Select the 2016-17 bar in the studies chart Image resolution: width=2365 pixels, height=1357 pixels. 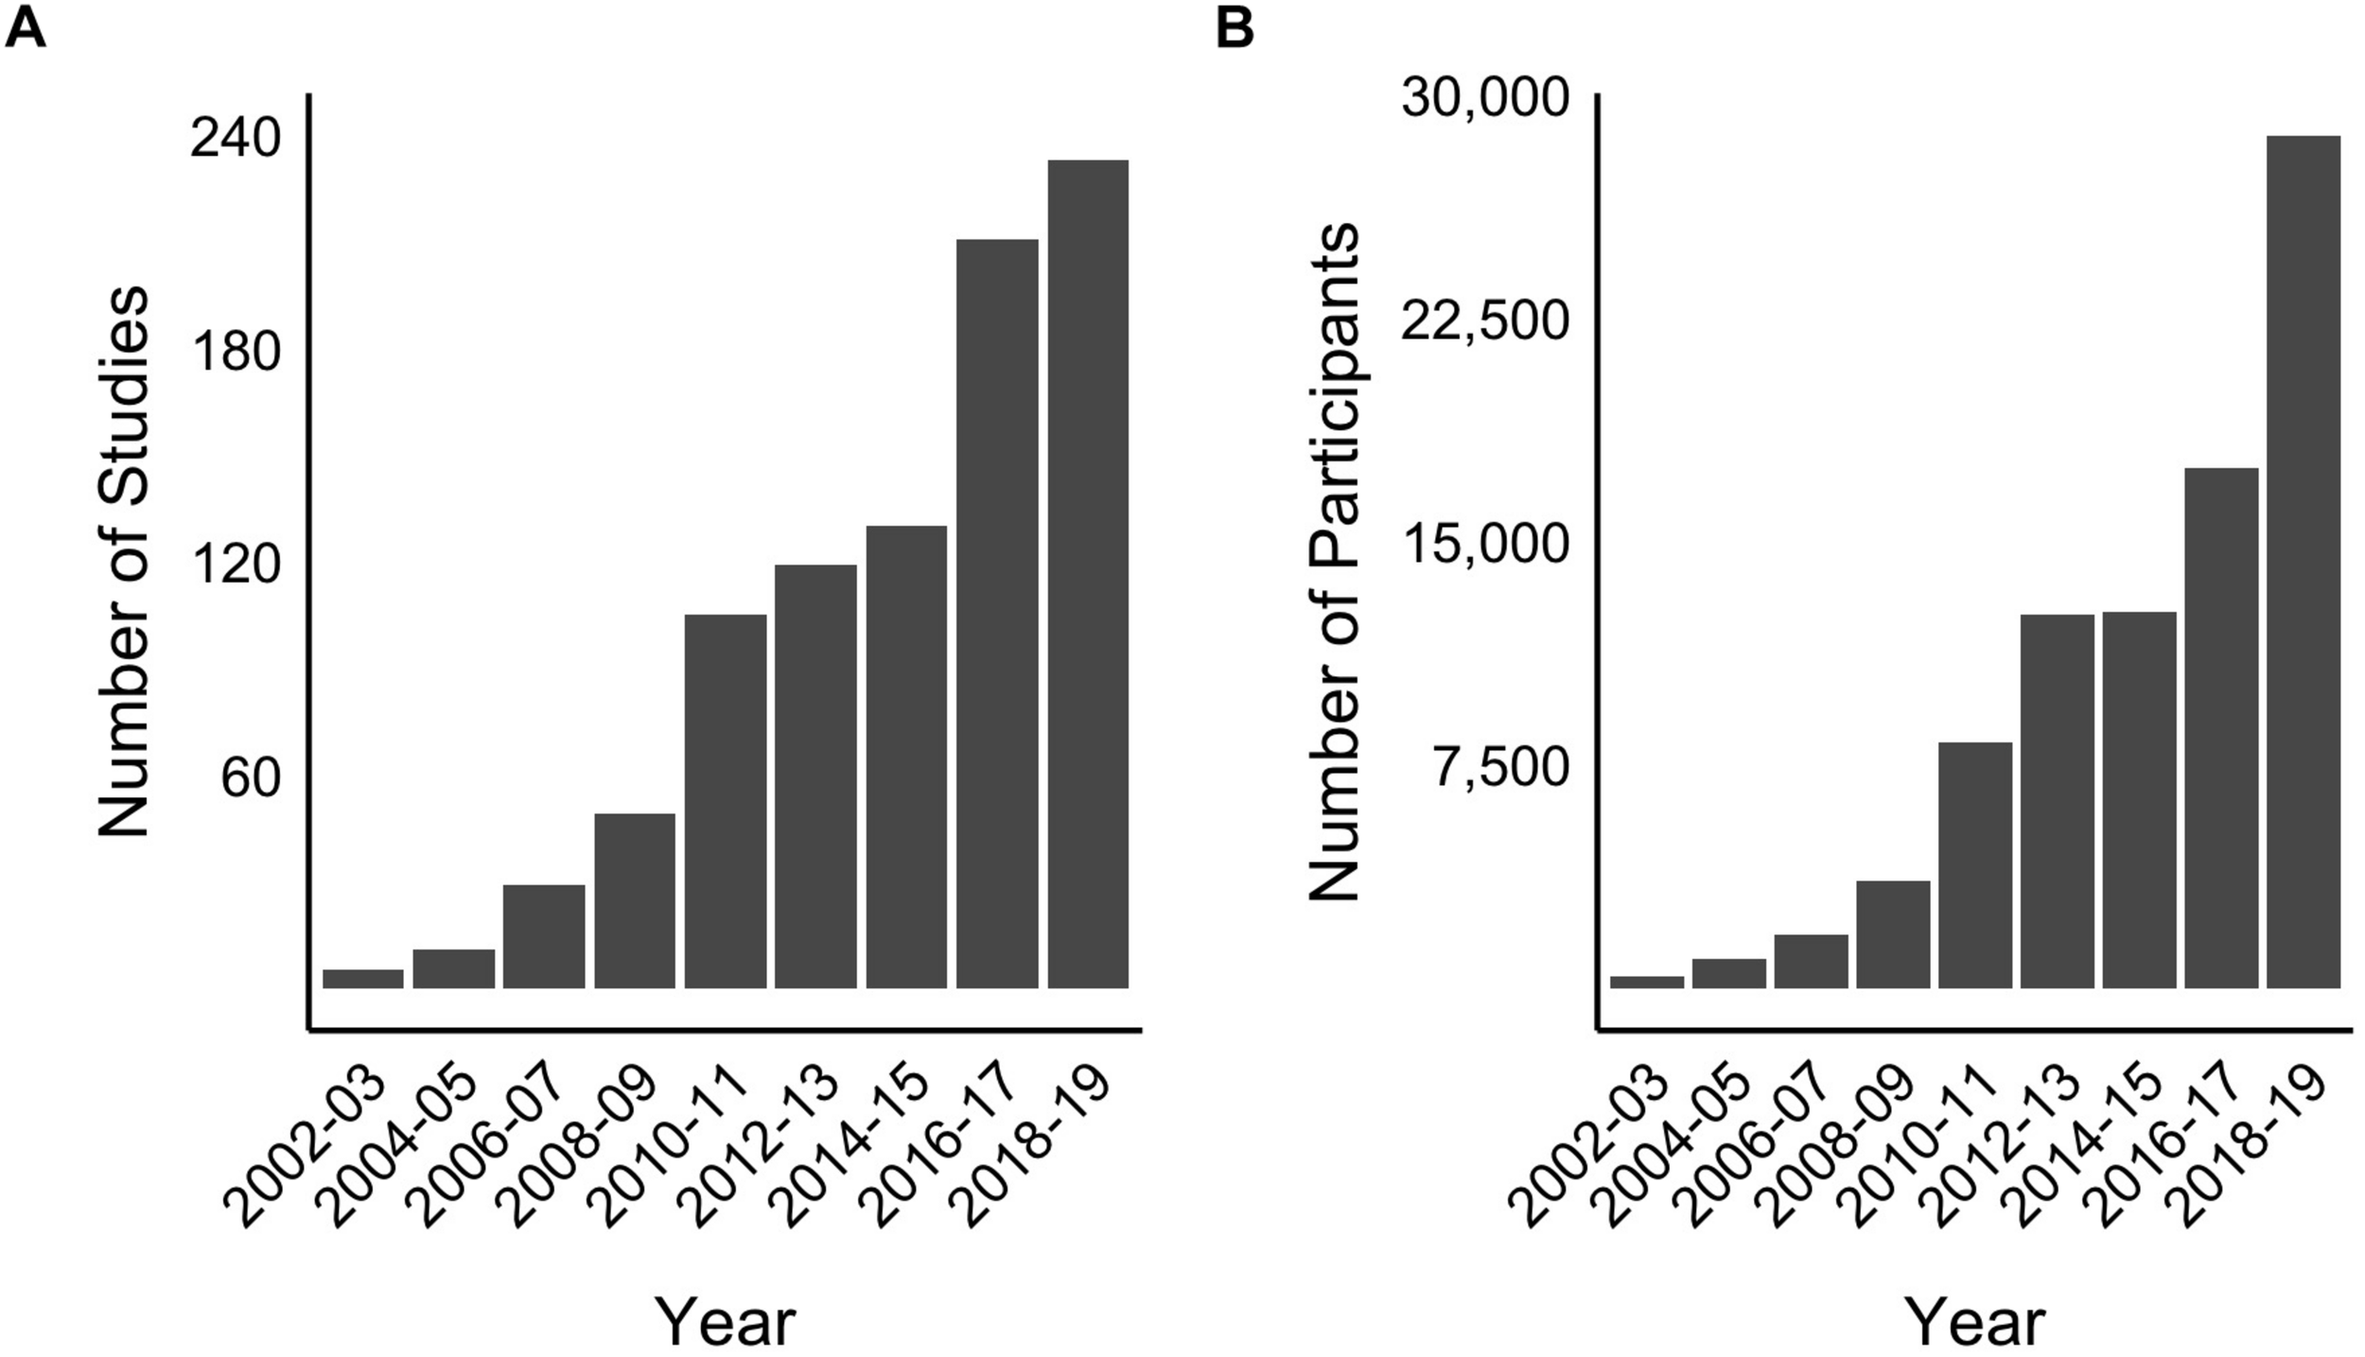coord(996,614)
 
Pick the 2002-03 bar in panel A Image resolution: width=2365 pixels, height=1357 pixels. coord(363,979)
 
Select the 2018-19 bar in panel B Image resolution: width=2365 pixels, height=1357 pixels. coord(2303,562)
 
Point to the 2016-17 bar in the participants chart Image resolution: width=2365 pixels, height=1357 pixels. coord(2220,728)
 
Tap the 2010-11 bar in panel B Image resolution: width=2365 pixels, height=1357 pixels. coord(1974,865)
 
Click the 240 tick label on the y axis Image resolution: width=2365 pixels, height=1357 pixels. coord(236,140)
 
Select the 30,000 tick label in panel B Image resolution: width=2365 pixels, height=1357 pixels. coord(1484,97)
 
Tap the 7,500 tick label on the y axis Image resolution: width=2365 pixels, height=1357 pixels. coord(1500,768)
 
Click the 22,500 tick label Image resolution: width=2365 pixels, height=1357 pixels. coord(1484,322)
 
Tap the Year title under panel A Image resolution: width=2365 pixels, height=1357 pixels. coord(726,1322)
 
